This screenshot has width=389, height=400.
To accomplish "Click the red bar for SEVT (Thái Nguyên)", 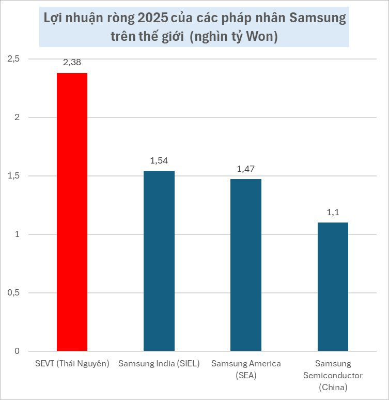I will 72,212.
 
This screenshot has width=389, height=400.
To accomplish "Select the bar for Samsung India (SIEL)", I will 159,261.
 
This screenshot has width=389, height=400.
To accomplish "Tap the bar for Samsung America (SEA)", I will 246,265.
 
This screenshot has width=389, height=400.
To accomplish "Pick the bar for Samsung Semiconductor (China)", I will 333,287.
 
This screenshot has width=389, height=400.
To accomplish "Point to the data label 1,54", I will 159,161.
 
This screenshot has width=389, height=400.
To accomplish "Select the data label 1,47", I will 246,170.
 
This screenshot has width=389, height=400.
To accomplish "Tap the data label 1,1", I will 333,213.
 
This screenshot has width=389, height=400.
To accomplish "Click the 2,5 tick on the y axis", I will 13,59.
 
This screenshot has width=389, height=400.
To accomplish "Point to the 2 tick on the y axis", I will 17,117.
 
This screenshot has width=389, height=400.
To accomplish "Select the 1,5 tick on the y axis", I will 13,176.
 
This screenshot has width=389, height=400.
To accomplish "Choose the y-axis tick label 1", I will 17,234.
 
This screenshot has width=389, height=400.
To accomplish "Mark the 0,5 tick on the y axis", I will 13,293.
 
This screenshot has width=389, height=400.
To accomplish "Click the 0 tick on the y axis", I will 17,351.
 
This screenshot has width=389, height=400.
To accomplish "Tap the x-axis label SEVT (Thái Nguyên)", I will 72,364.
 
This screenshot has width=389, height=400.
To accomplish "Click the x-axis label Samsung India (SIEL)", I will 159,364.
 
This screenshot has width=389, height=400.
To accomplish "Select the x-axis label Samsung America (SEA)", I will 246,369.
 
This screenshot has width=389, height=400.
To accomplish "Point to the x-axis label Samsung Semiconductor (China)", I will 333,375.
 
